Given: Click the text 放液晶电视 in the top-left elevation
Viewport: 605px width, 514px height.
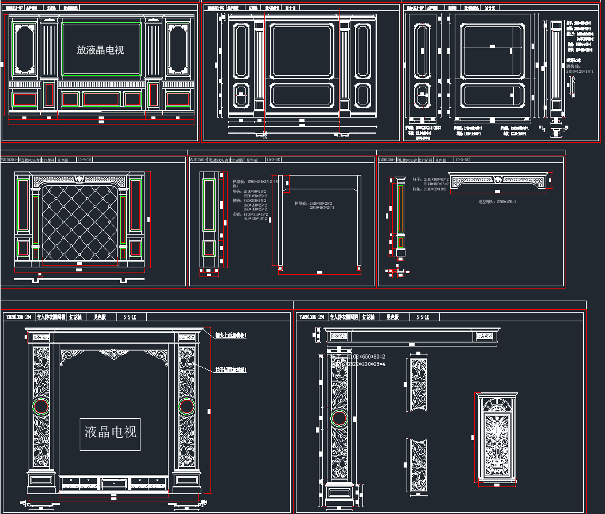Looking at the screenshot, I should click(100, 50).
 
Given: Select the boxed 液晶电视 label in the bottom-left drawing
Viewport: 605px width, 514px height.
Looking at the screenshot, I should click(110, 431).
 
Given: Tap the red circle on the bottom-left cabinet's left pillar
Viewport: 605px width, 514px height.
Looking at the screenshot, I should click(41, 407).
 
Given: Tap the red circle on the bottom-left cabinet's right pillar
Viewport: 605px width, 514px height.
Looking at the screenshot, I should click(186, 407).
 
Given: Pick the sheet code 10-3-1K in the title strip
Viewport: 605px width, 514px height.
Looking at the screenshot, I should click(84, 160).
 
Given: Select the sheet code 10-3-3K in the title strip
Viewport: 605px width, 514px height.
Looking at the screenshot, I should click(462, 160).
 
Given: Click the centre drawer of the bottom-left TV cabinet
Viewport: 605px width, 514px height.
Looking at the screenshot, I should click(114, 484).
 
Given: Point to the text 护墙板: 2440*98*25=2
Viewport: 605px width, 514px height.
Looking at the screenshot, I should click(313, 203).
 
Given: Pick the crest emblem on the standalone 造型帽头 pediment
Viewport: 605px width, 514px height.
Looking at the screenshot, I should click(497, 180).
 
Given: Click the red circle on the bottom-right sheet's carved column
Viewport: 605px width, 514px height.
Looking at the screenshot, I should click(338, 418).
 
